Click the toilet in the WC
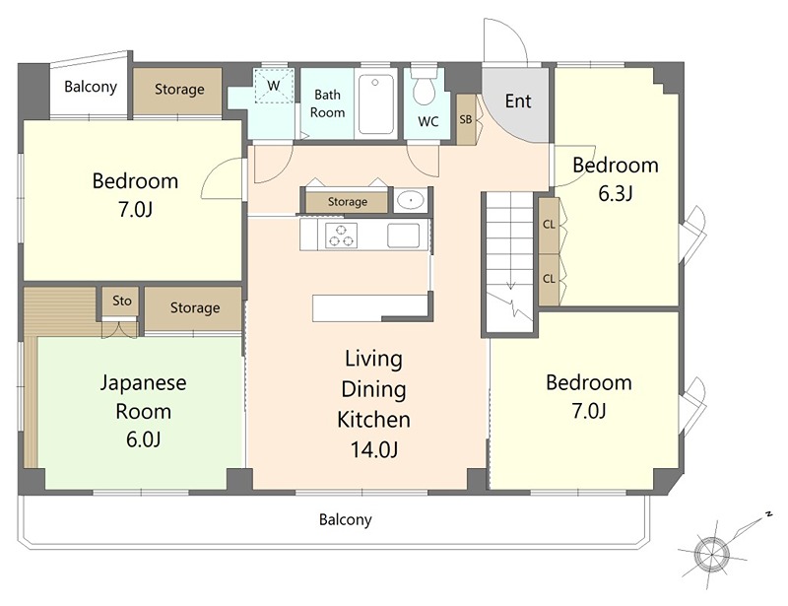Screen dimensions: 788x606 pos(424,87)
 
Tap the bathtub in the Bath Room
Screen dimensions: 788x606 pos(376,104)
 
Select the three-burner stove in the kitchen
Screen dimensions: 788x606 pos(341,236)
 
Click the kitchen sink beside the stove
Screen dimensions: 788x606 pos(403,236)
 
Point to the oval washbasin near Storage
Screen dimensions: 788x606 pos(411,201)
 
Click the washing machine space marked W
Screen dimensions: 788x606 pos(274,86)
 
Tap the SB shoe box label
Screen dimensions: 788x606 pos(466,119)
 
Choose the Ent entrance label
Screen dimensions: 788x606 pos(518,101)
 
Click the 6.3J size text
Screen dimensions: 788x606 pos(615,193)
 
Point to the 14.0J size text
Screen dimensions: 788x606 pos(374,449)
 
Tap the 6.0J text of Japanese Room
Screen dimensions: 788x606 pos(143,439)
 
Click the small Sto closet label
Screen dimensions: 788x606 pos(122,301)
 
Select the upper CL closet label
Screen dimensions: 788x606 pos(549,225)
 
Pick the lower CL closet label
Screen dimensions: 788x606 pos(549,278)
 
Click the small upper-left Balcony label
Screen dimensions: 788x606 pos(91,87)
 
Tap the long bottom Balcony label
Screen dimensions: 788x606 pos(346,519)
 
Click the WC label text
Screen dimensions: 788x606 pos(428,121)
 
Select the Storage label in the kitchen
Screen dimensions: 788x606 pos(348,202)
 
